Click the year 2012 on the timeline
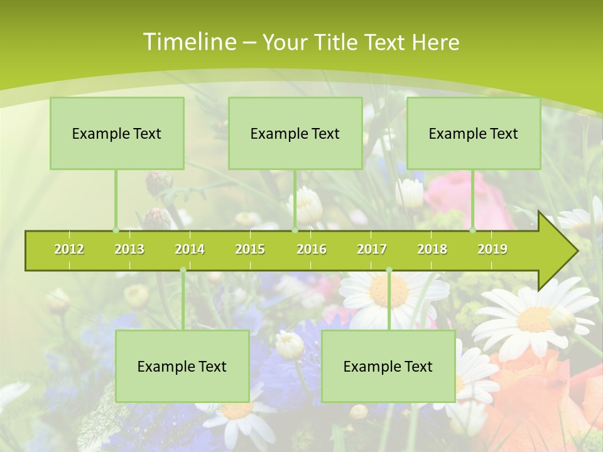[69, 249]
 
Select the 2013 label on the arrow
[129, 249]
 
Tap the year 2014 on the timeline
[190, 249]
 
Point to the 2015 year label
[250, 249]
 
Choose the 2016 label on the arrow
[312, 249]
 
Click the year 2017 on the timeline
[372, 249]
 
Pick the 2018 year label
[432, 249]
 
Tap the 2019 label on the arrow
[492, 249]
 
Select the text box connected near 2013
[117, 133]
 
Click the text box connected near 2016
[295, 133]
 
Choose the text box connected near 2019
[474, 133]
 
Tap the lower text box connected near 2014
[182, 366]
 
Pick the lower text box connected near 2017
[388, 366]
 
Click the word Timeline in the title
[188, 42]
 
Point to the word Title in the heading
[337, 42]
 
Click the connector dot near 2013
[116, 230]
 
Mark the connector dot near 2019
[473, 230]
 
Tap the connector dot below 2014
[183, 270]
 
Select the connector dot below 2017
[389, 270]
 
